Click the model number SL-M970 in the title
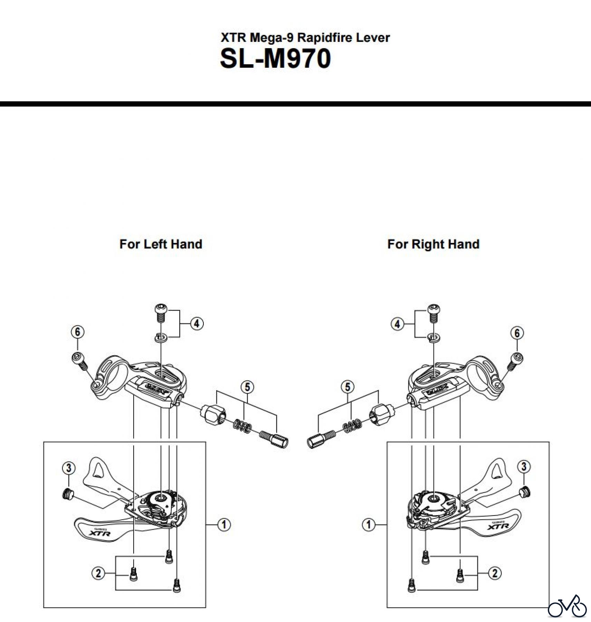[x=275, y=59]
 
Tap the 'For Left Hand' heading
[x=161, y=244]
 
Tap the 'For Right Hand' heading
[x=433, y=244]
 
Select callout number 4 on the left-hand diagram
[x=197, y=324]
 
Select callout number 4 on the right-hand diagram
[x=397, y=324]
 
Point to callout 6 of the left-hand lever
[x=77, y=332]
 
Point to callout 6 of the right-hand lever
[x=517, y=333]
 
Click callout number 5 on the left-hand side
[x=247, y=387]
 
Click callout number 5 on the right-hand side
[x=347, y=387]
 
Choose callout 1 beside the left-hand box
[x=224, y=525]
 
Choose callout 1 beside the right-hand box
[x=369, y=525]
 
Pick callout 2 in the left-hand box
[x=98, y=573]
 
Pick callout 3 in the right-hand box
[x=524, y=466]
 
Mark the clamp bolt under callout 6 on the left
[x=79, y=360]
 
